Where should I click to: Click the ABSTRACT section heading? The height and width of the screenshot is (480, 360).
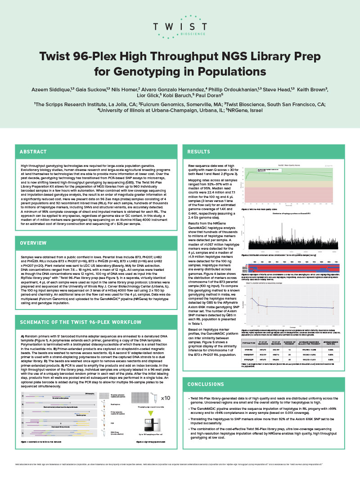pos(33,152)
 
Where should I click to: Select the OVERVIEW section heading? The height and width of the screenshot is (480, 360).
pos(33,242)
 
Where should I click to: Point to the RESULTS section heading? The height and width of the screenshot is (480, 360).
pos(199,152)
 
